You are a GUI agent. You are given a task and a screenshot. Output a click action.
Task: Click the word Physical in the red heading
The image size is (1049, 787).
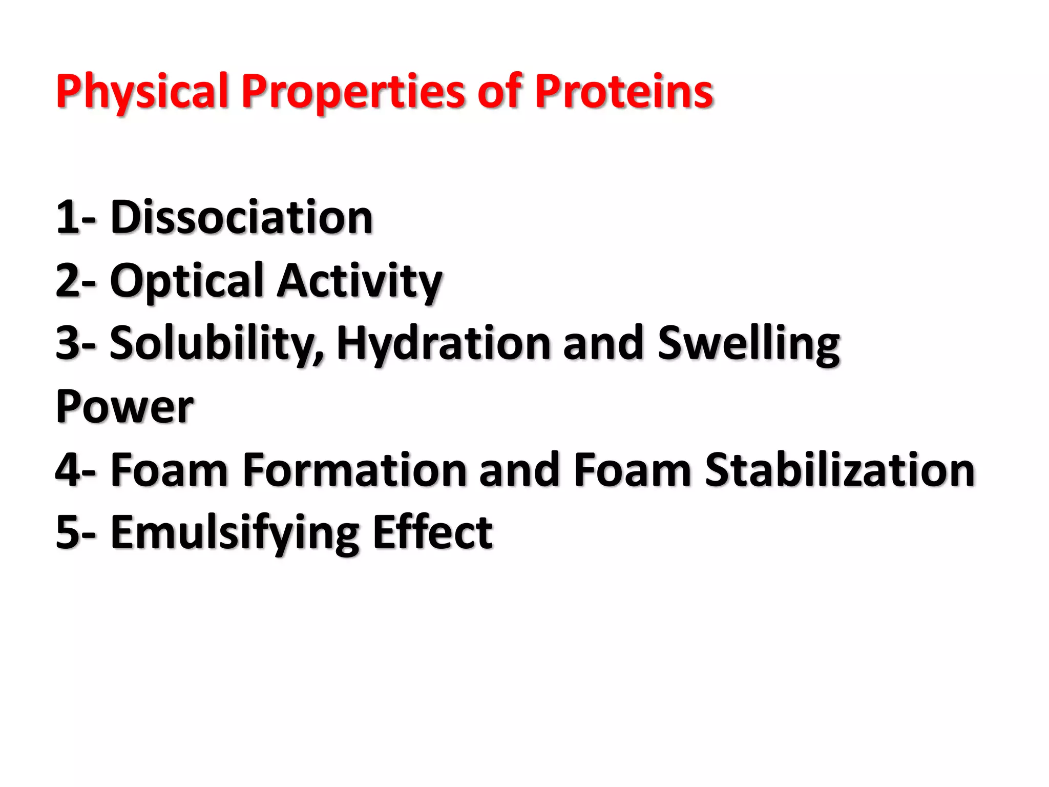click(x=141, y=92)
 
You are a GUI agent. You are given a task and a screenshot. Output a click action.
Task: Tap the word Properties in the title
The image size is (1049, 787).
click(x=353, y=92)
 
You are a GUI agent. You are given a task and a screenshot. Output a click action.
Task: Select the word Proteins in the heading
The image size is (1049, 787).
click(x=623, y=92)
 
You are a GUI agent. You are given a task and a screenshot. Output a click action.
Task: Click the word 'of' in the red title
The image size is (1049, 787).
click(x=499, y=92)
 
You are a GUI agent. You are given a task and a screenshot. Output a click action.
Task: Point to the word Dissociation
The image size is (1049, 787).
click(x=241, y=218)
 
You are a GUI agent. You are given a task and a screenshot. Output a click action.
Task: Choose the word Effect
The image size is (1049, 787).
click(x=432, y=533)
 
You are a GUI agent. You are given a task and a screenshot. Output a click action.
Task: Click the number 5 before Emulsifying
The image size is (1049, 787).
click(x=68, y=533)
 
